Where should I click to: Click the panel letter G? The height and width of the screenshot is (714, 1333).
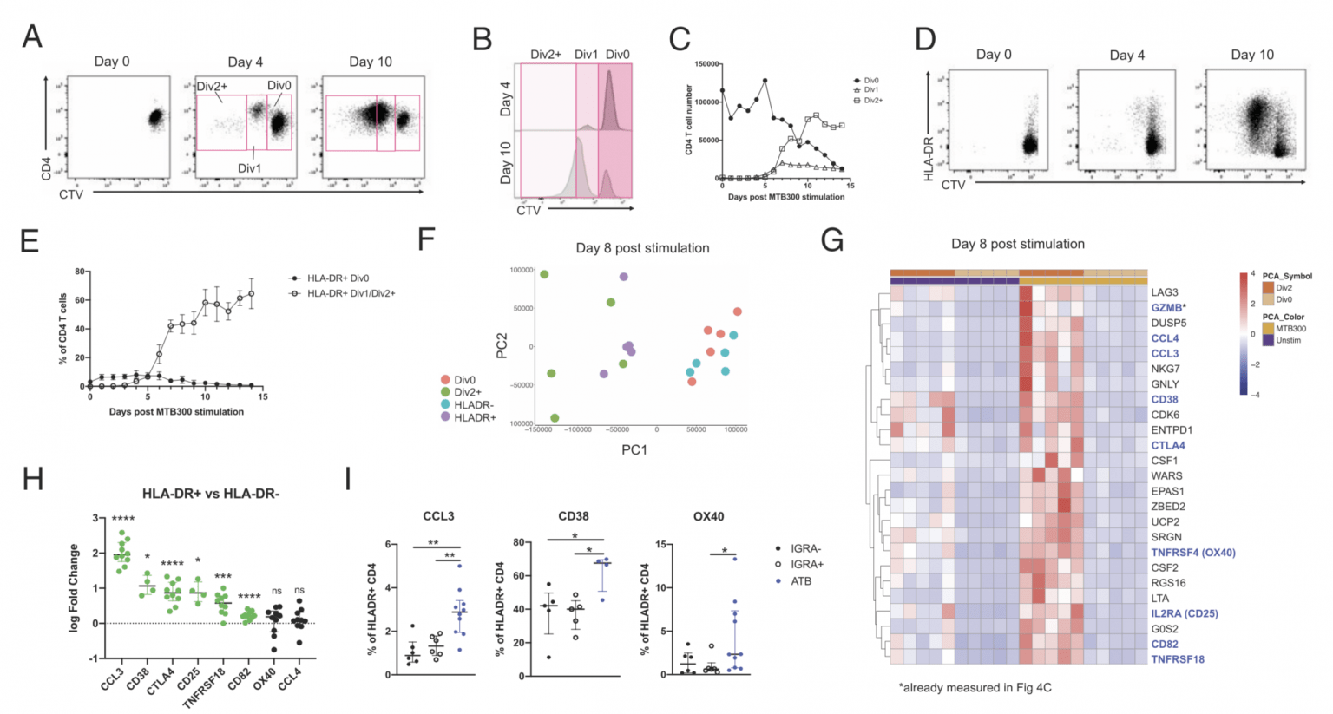point(831,240)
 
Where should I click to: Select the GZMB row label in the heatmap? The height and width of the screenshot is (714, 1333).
point(1166,308)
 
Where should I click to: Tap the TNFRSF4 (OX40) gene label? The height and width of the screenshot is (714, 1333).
point(1192,553)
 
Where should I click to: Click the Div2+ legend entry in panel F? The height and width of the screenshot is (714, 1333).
point(467,392)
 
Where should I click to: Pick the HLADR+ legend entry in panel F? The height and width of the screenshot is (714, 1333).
point(474,417)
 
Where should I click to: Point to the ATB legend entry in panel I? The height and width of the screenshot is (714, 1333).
point(800,581)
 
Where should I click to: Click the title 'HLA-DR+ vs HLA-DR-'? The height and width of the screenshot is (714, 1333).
point(211,494)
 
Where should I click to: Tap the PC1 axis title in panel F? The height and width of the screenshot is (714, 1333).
point(634,449)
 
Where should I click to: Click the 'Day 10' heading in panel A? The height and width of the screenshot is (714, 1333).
point(371,62)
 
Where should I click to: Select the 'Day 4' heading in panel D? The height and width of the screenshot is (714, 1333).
point(1126,55)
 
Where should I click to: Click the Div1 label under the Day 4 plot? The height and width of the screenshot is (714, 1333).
point(250,167)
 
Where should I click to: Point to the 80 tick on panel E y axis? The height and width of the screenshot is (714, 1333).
point(80,272)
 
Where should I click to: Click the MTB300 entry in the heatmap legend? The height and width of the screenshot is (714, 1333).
point(1290,329)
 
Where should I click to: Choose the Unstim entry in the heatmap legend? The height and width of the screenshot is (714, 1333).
point(1288,340)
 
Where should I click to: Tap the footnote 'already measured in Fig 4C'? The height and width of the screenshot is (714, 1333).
point(975,687)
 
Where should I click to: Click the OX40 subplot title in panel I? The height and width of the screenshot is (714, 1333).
point(708,516)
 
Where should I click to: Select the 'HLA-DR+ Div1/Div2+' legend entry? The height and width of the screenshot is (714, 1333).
point(351,293)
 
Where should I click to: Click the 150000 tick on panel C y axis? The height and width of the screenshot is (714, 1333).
point(706,64)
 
